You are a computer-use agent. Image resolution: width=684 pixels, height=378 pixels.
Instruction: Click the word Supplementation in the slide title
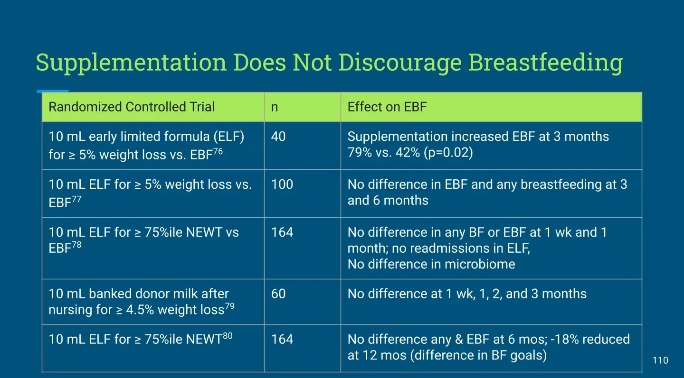[131, 63]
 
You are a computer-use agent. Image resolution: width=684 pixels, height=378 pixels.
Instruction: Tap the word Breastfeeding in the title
[546, 63]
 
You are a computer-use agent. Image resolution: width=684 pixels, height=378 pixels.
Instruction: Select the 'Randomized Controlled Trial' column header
[132, 107]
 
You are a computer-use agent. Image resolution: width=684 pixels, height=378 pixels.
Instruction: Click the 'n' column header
[275, 108]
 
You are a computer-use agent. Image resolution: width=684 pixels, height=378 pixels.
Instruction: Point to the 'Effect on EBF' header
[387, 107]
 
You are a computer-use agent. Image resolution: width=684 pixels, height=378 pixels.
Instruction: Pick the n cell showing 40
[278, 137]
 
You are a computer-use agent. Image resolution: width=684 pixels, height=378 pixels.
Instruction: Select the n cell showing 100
[282, 184]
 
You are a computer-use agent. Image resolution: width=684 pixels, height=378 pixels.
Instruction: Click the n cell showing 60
[278, 294]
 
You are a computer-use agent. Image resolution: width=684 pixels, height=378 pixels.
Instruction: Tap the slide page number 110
[660, 360]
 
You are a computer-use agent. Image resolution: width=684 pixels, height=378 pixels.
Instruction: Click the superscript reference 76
[218, 151]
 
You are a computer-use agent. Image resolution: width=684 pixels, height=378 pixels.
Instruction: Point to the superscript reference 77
[76, 199]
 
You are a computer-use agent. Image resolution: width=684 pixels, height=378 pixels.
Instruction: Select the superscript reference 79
[229, 306]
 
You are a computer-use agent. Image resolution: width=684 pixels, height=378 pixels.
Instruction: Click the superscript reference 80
[228, 336]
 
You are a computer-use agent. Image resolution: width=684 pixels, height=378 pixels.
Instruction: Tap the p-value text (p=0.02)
[448, 152]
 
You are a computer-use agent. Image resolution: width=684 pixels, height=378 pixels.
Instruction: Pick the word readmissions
[450, 249]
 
